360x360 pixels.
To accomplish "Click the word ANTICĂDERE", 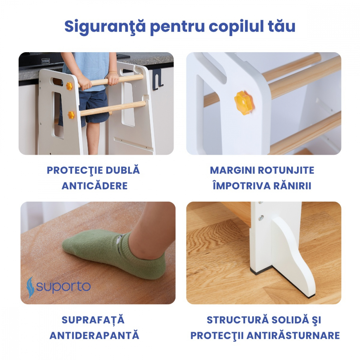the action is (x=95, y=186).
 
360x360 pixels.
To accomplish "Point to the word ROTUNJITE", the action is (x=286, y=170).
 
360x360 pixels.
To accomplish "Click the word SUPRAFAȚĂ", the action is (x=93, y=320).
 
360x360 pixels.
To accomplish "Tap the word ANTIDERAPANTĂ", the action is (x=94, y=336).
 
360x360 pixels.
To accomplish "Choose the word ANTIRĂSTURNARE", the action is (x=294, y=336).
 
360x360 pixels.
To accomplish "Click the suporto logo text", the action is (x=63, y=287).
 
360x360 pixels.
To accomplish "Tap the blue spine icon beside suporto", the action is (x=31, y=287).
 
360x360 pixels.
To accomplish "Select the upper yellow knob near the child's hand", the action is (x=69, y=86).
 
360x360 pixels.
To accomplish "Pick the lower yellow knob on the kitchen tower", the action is (x=71, y=115).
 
